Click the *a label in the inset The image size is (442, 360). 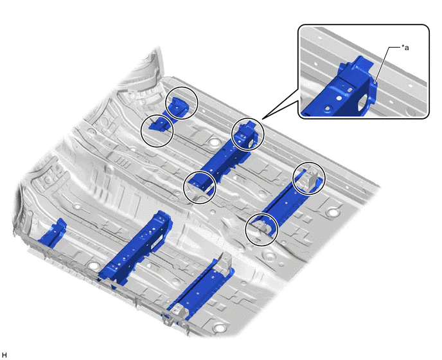click(405, 48)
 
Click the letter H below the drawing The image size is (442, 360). click(4, 355)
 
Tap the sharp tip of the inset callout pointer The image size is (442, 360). click(263, 120)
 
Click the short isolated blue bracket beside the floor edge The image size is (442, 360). click(53, 233)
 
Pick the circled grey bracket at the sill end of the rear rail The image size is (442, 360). click(308, 177)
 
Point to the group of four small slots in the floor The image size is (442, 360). click(123, 164)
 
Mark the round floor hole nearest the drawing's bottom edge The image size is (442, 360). click(219, 328)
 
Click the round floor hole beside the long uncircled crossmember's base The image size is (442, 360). click(93, 265)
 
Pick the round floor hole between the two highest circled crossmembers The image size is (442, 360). click(213, 141)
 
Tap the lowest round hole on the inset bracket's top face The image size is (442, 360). click(328, 108)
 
